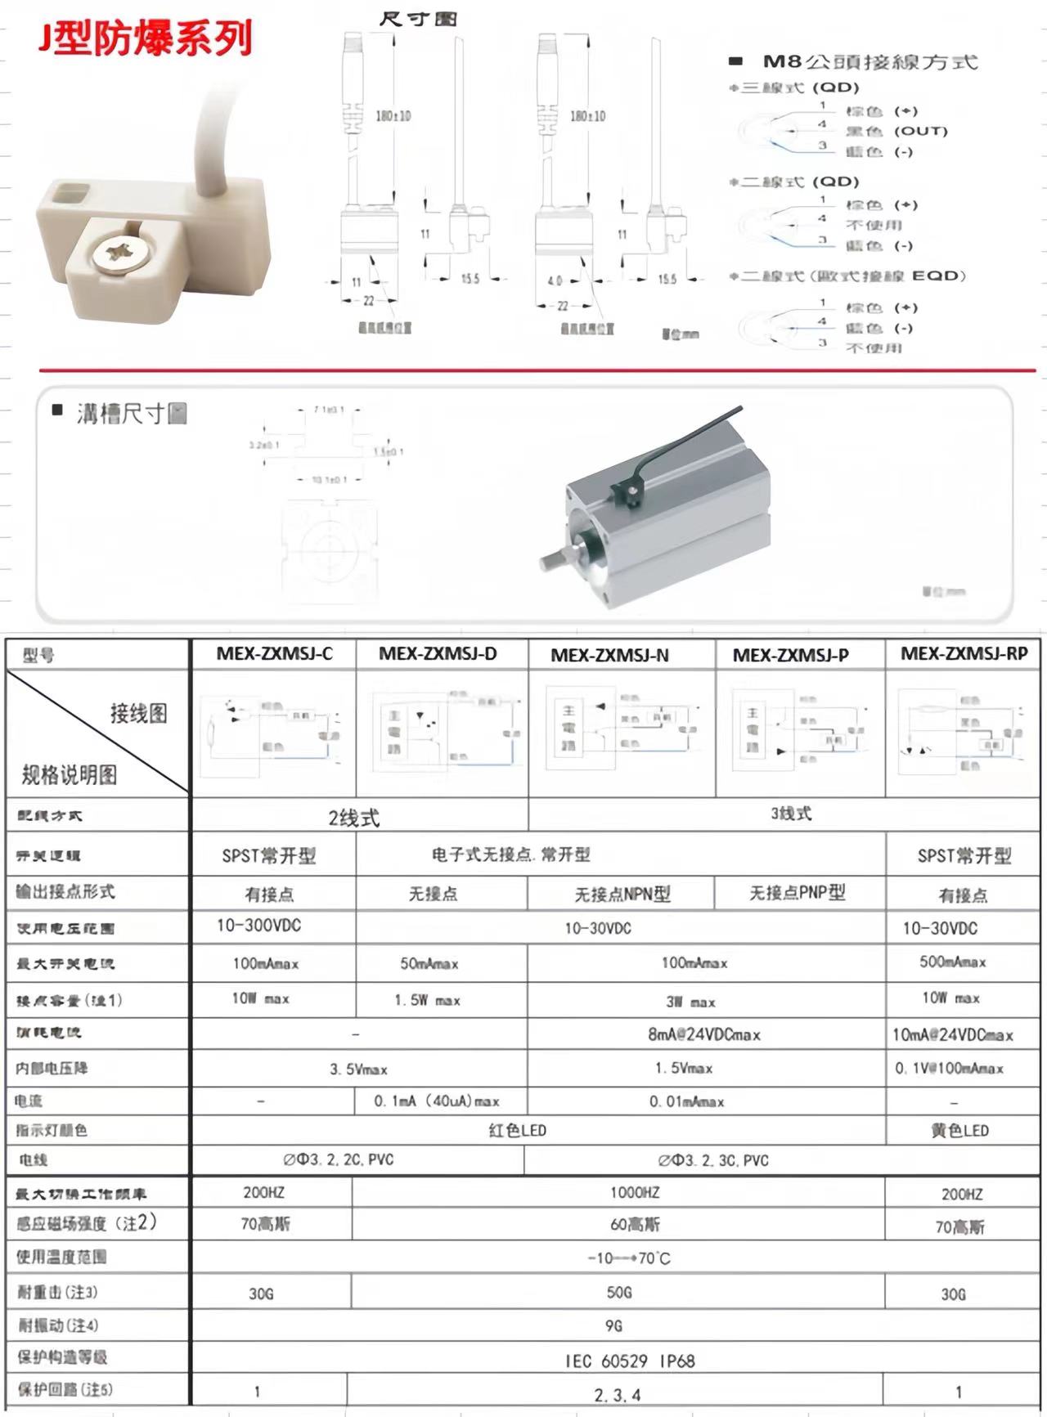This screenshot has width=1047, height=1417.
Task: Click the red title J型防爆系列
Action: point(146,38)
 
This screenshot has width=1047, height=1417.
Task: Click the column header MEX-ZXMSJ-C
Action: point(274,654)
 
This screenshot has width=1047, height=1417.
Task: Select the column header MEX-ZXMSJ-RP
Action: point(964,654)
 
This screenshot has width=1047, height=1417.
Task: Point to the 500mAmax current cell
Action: point(953,962)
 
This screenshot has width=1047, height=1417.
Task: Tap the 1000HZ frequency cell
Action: point(634,1193)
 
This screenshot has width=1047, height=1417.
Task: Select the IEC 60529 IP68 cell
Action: point(629,1361)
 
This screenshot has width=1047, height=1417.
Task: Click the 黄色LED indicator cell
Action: point(959,1131)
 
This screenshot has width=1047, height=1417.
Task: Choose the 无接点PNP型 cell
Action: point(798,893)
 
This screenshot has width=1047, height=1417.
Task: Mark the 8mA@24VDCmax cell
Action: point(704,1035)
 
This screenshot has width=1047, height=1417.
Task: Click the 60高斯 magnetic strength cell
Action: point(635,1225)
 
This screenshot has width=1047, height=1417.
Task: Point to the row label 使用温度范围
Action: point(62,1258)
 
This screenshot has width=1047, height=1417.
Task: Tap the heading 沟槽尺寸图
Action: point(131,414)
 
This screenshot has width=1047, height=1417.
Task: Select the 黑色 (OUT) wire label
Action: point(896,132)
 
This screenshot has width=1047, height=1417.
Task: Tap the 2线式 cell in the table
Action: point(354,818)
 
